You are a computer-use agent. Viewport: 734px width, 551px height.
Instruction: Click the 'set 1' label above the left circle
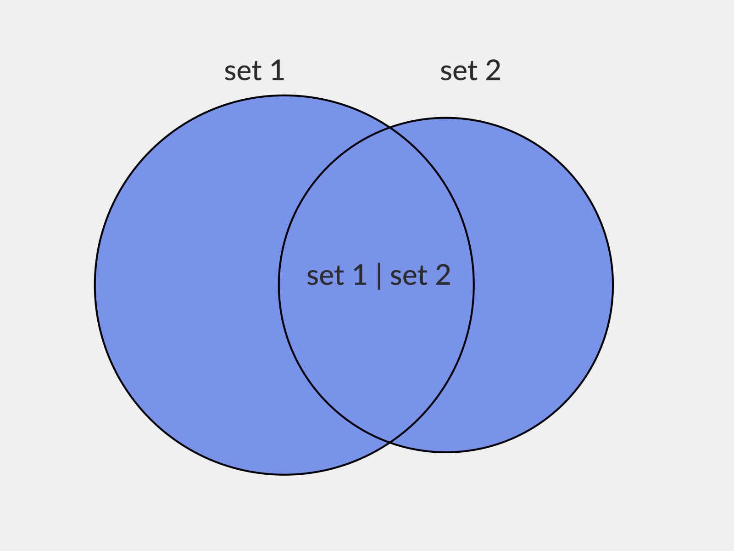[255, 71]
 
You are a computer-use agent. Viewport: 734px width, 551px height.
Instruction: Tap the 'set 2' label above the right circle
[470, 71]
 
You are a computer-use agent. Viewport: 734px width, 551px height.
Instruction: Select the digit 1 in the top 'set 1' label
[278, 71]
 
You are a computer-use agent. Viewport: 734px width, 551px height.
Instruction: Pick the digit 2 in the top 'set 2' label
[493, 71]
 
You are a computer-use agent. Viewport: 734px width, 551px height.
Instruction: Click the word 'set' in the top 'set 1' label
[243, 72]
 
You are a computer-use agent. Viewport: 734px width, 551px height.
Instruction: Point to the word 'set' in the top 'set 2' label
[459, 72]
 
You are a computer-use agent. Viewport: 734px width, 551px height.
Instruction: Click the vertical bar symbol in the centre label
[379, 276]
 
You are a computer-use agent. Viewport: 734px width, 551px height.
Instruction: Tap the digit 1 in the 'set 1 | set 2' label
[360, 275]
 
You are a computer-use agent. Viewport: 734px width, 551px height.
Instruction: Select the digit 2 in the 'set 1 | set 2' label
[443, 275]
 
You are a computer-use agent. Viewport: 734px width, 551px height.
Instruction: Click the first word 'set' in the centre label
[325, 276]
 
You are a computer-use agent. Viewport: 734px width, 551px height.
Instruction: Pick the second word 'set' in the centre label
[409, 276]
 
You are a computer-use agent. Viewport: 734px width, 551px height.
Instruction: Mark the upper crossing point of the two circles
[389, 128]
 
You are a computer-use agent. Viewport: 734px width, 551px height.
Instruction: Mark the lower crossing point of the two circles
[389, 442]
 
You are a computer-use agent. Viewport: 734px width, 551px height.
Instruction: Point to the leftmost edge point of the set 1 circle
[95, 285]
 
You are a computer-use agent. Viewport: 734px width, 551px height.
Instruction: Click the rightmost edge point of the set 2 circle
[613, 285]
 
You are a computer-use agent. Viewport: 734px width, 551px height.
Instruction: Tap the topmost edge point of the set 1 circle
[284, 96]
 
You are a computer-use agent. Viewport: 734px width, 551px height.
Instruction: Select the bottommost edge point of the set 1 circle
[284, 474]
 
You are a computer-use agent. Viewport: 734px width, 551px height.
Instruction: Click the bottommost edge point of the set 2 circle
[446, 452]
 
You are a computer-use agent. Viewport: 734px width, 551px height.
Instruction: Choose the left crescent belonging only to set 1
[183, 285]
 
